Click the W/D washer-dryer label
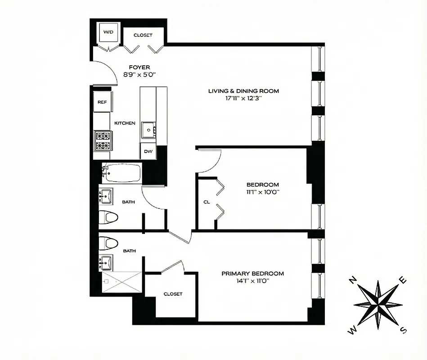[108, 32]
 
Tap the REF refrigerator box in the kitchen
[102, 102]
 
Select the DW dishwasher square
[148, 152]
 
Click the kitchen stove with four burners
[102, 139]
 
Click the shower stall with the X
[121, 282]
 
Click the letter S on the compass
[404, 331]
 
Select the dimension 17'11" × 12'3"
[243, 98]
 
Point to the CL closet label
[207, 202]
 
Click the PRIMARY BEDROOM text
[252, 273]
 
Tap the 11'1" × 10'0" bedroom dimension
[262, 192]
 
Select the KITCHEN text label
[125, 123]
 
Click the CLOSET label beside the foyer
[143, 35]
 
